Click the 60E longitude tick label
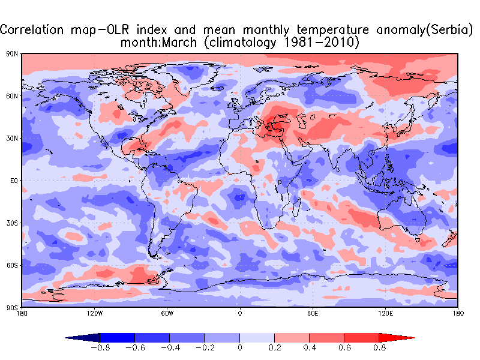(313, 313)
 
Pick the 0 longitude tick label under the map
(240, 313)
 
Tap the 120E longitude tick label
(385, 313)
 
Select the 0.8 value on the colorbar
(379, 347)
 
